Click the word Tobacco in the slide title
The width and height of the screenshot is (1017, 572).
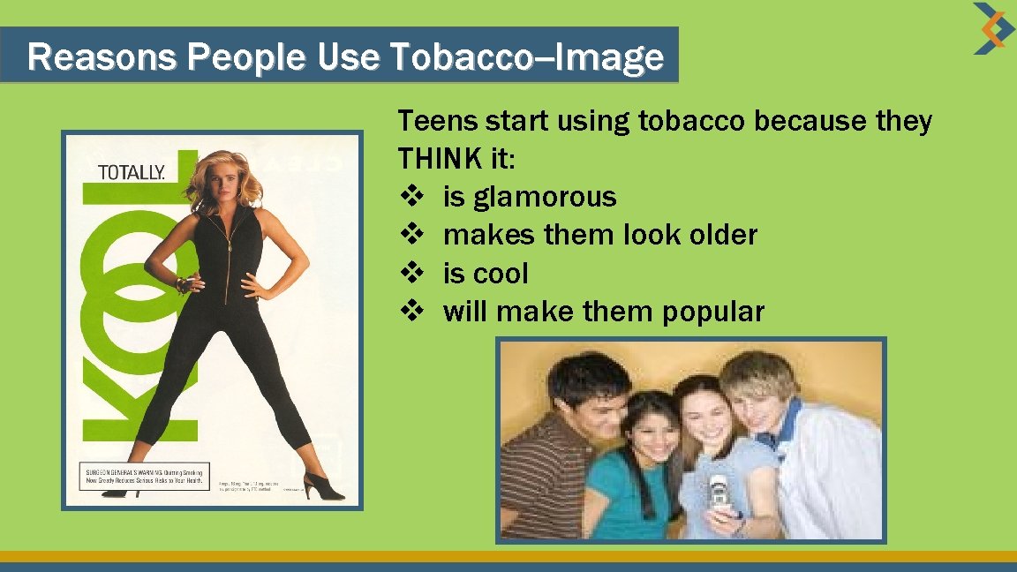tap(446, 57)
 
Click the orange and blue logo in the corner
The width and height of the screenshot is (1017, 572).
tap(993, 28)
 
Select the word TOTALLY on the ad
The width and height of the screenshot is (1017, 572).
tap(131, 172)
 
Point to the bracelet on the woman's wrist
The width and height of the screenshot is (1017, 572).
tap(184, 284)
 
